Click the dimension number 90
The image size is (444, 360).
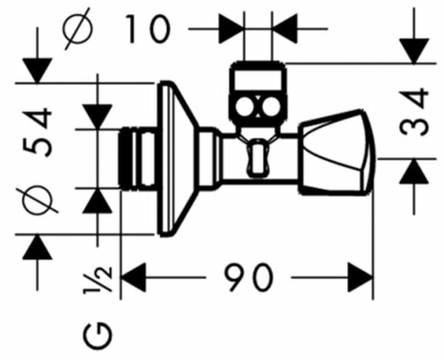(250, 279)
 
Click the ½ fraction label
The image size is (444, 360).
(102, 279)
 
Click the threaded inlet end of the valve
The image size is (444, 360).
(138, 159)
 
